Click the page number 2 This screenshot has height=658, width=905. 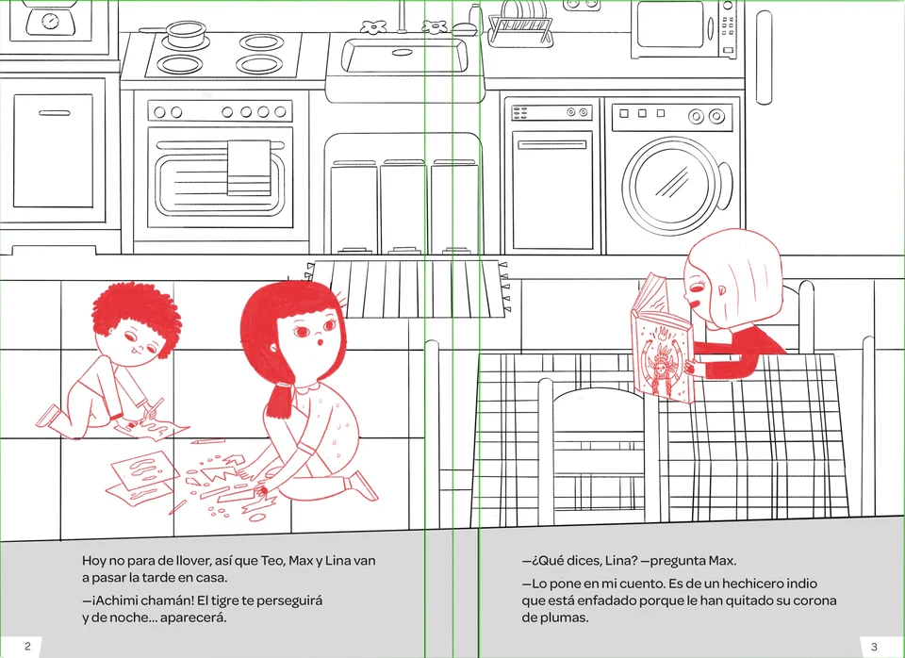tap(27, 646)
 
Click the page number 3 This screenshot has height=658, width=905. tap(874, 647)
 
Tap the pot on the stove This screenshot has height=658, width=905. tap(185, 35)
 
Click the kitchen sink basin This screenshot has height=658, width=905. tap(404, 56)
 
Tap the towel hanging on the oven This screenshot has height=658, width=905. tap(249, 168)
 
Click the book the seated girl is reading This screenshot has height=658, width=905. tap(662, 341)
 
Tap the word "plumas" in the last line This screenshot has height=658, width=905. tap(568, 617)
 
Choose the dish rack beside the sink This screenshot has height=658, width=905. tap(520, 30)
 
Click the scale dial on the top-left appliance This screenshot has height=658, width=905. tap(51, 22)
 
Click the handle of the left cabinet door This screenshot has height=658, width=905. tap(55, 112)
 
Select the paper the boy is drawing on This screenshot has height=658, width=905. tap(153, 428)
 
